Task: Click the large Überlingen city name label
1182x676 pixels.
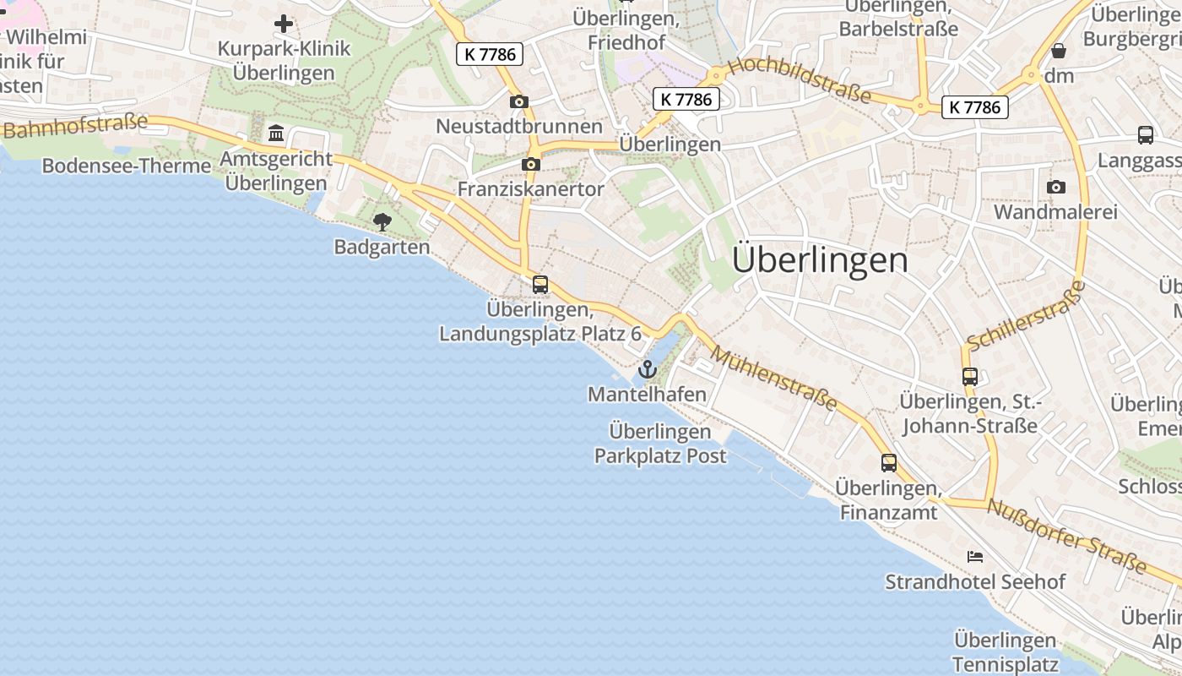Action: click(820, 259)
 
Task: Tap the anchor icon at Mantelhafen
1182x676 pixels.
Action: click(647, 369)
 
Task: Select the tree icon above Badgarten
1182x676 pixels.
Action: click(382, 222)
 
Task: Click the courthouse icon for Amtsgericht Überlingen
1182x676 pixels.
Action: click(276, 134)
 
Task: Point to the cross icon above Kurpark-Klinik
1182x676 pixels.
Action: click(284, 24)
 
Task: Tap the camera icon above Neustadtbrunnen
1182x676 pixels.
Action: click(519, 102)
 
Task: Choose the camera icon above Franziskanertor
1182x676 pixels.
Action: click(531, 164)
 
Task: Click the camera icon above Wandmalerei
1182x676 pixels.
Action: click(1055, 187)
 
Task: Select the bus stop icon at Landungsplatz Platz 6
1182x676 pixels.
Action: click(540, 285)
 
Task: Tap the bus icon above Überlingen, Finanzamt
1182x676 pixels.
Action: click(888, 462)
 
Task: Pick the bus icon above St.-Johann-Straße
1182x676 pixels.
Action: click(969, 377)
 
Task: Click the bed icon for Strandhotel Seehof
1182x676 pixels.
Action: click(975, 557)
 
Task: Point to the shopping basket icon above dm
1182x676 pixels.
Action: click(1059, 51)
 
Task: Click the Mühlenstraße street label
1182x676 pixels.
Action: click(774, 376)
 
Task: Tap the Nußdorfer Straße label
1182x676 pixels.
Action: click(1067, 536)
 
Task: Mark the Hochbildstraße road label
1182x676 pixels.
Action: click(799, 79)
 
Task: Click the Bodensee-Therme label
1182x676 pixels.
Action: click(127, 166)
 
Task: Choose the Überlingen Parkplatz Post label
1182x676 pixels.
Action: click(660, 444)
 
